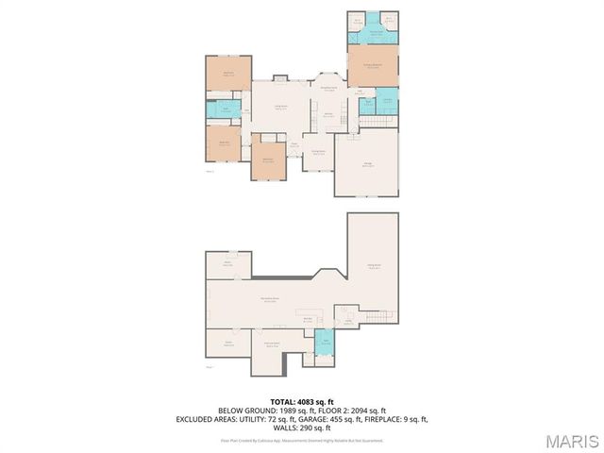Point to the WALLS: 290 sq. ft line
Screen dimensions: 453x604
coord(301,426)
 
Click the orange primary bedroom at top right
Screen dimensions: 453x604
coord(373,67)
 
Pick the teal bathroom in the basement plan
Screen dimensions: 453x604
coord(326,343)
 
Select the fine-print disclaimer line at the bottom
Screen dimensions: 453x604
coord(301,440)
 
